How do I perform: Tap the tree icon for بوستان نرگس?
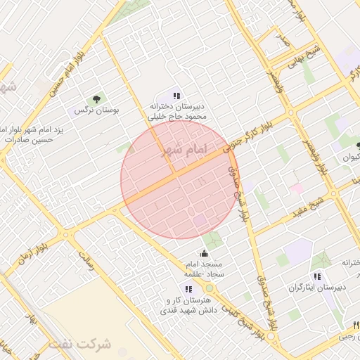pyautogui.click(x=96, y=98)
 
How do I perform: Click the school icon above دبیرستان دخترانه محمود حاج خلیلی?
pyautogui.click(x=177, y=96)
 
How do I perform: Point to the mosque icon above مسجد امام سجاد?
pyautogui.click(x=204, y=253)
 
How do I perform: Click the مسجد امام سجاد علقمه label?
pyautogui.click(x=204, y=268)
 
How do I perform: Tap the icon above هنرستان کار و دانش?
pyautogui.click(x=188, y=289)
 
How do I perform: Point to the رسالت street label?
pyautogui.click(x=86, y=259)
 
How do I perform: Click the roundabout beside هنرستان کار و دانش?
pyautogui.click(x=209, y=288)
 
